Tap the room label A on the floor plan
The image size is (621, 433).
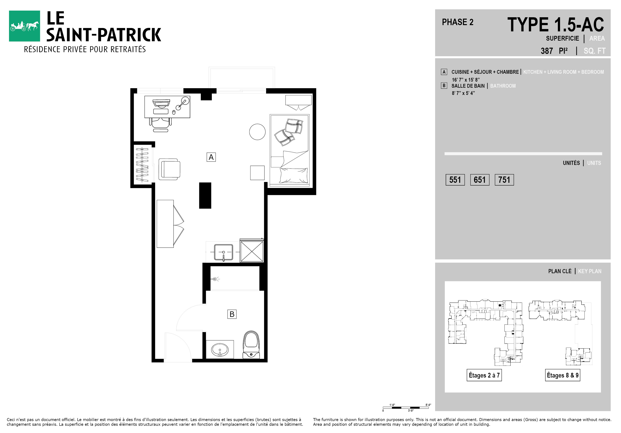[x=211, y=157]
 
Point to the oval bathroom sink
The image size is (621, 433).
[x=220, y=350]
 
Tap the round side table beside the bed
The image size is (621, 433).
[x=257, y=132]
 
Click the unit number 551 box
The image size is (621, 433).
[x=455, y=180]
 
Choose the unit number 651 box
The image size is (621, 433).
[x=480, y=180]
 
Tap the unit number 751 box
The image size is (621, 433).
[x=504, y=180]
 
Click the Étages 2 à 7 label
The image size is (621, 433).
[x=484, y=375]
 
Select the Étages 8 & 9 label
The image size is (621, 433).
[x=563, y=375]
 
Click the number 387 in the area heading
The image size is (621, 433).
[x=547, y=51]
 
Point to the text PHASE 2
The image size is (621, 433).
[x=458, y=22]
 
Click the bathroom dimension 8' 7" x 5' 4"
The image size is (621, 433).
[x=463, y=93]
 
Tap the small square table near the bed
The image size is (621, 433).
[x=257, y=173]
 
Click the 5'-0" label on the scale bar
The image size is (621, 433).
[x=428, y=405]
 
